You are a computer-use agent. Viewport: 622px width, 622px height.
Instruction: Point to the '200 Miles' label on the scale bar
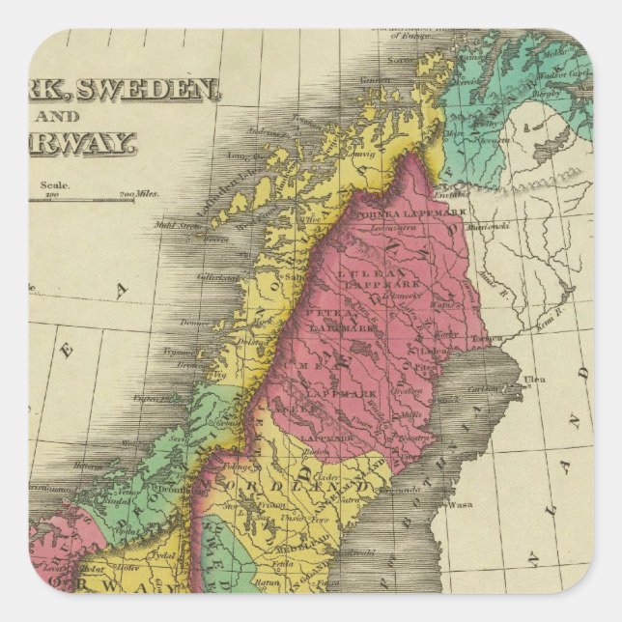point(140,193)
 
